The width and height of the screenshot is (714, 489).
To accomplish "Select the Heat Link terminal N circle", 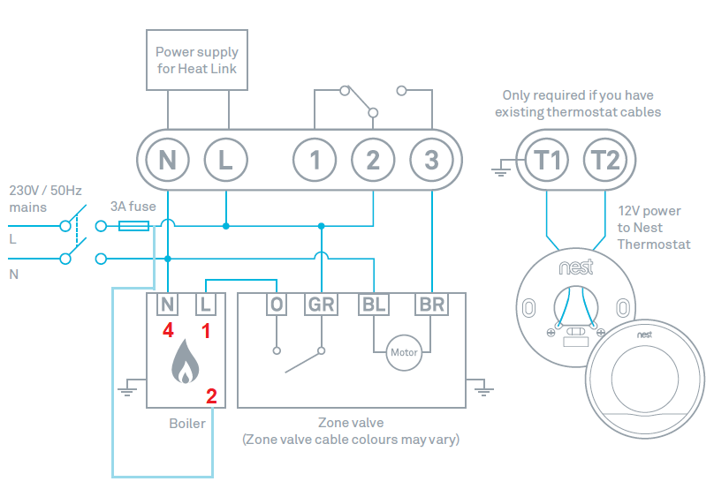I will [x=168, y=161].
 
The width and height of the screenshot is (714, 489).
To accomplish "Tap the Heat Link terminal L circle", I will [x=225, y=161].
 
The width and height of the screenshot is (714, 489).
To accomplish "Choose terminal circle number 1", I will [x=315, y=161].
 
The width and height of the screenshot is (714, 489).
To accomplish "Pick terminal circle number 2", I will [x=373, y=161].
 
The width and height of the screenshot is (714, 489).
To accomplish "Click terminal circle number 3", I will [x=431, y=161].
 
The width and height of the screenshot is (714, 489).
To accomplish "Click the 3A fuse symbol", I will [x=133, y=227].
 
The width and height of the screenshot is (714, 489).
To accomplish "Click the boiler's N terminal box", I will [x=168, y=305].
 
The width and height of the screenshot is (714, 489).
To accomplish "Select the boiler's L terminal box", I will [x=205, y=305].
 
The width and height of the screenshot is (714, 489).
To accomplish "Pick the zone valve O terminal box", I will [x=277, y=305].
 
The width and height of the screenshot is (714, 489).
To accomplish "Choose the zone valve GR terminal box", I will [x=321, y=305].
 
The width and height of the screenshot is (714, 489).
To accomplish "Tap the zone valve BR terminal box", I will [x=431, y=305].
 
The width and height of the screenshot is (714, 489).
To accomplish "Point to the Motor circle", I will [x=403, y=353].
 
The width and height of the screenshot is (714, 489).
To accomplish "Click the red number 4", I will [x=167, y=332].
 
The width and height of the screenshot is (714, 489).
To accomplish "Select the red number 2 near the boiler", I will [x=211, y=395].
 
